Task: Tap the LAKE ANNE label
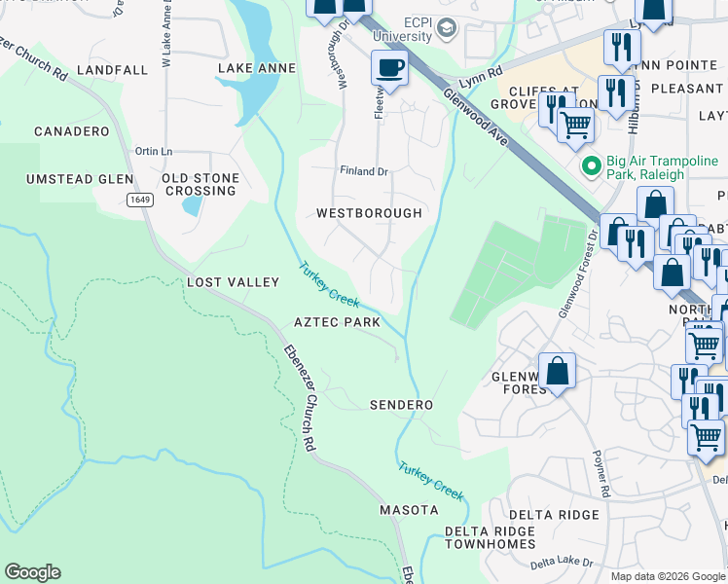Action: [256, 68]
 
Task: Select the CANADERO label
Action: [70, 130]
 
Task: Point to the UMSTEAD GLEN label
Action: [80, 179]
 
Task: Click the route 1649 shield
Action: [140, 200]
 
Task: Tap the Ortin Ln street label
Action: [154, 151]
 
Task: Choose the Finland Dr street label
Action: [363, 171]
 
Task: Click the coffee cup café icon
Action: [389, 68]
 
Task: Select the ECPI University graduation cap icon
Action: [447, 28]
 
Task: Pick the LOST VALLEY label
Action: [233, 282]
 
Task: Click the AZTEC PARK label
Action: [337, 322]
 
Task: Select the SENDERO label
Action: [401, 404]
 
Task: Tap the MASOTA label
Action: [408, 510]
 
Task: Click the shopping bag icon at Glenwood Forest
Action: [556, 371]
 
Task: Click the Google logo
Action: [32, 572]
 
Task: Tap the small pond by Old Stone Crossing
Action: [193, 205]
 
